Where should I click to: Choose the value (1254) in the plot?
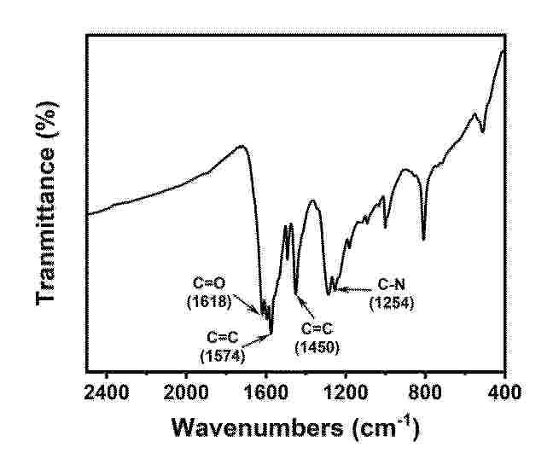coord(392,302)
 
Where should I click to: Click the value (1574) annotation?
coord(222,355)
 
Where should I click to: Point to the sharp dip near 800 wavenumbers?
coord(423,238)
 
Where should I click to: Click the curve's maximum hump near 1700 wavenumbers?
coord(242,146)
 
